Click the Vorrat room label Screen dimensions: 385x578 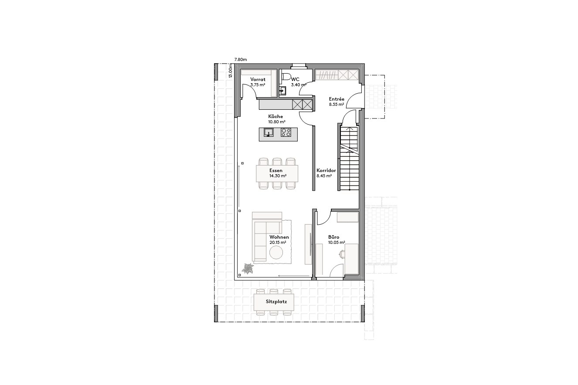258,79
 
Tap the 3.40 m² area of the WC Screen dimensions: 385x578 299,85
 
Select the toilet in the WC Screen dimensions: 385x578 286,77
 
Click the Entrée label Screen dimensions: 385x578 337,99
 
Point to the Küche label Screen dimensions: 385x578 275,117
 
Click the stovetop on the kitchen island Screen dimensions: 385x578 286,132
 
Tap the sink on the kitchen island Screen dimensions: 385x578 269,132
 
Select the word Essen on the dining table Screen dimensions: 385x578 276,170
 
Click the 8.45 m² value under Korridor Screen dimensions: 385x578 324,176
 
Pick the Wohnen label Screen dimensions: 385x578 279,237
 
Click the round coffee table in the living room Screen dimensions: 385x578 276,253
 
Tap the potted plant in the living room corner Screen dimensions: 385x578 248,269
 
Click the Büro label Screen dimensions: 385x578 334,237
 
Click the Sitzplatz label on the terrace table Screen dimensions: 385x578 274,301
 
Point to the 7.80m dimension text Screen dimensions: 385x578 241,59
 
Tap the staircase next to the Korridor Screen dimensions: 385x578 349,157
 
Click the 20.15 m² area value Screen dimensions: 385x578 278,242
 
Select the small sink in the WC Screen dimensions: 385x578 282,91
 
